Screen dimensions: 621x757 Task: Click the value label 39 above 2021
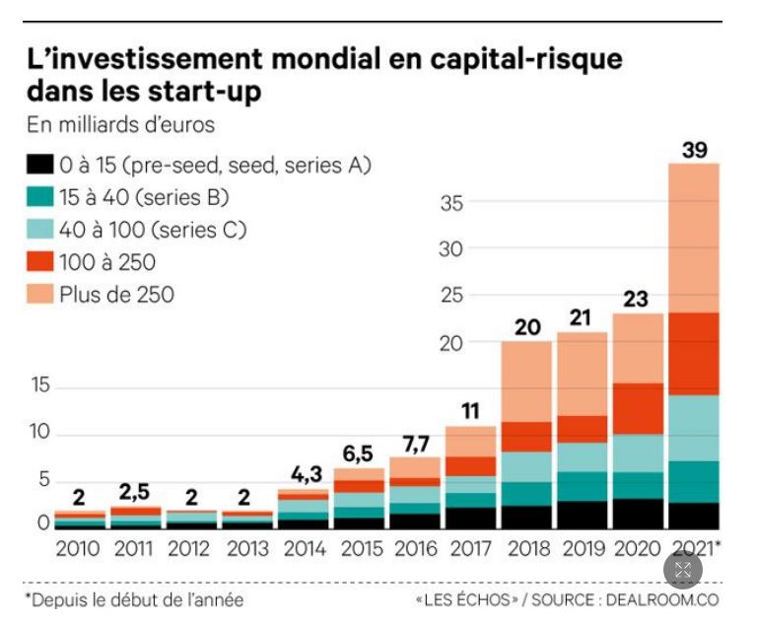coord(693,151)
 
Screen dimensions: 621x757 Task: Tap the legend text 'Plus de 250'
coord(117,294)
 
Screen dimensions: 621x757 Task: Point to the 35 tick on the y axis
coord(450,204)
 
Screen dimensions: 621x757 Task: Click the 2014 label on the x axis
coord(305,548)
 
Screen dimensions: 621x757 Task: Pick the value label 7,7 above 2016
coord(415,443)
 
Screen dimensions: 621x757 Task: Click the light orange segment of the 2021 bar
coord(693,237)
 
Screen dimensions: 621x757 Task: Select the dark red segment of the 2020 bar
coord(638,408)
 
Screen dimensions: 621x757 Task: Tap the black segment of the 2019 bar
coord(581,515)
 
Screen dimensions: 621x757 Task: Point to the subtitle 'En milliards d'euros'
coord(119,125)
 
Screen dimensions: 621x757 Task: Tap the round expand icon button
coord(683,570)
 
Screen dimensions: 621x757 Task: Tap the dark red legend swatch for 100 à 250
coord(39,262)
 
